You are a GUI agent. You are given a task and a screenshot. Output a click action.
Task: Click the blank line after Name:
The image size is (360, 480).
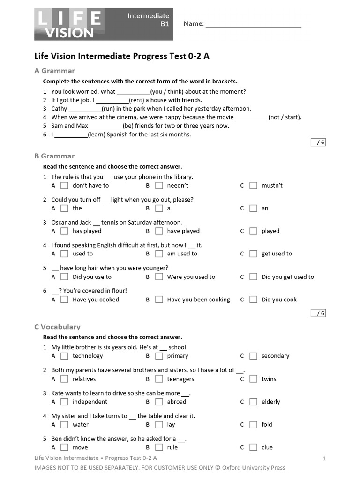coord(253,24)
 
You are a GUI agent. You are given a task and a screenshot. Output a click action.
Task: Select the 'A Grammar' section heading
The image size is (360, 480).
coord(54,71)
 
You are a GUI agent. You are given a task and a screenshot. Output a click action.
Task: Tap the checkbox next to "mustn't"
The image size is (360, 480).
coord(253,186)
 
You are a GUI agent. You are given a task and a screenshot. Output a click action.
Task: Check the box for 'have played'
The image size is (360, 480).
coord(159,231)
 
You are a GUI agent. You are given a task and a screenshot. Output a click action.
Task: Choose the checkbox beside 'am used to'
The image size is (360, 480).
coord(159,254)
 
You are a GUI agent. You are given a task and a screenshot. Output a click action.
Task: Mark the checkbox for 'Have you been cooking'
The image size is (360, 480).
coord(159,300)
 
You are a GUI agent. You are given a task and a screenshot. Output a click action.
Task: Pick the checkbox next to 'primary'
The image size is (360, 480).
coord(159,356)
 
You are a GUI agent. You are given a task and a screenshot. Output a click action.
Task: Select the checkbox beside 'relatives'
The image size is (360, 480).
coord(64,379)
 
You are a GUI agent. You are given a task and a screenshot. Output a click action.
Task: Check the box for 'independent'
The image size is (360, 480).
coord(64,402)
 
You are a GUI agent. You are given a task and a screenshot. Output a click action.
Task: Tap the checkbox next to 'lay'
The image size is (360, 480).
coord(159,425)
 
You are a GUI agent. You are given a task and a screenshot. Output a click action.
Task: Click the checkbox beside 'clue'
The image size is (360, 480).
coord(253,448)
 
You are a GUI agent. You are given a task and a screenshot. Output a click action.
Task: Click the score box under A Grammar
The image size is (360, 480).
coord(318,142)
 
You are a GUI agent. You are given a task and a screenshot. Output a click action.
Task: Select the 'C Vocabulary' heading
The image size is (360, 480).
coord(57,327)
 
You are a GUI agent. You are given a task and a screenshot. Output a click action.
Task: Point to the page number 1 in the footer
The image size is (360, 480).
coord(324,458)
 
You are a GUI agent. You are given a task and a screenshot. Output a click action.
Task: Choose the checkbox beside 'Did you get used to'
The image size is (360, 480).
coord(253,277)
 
